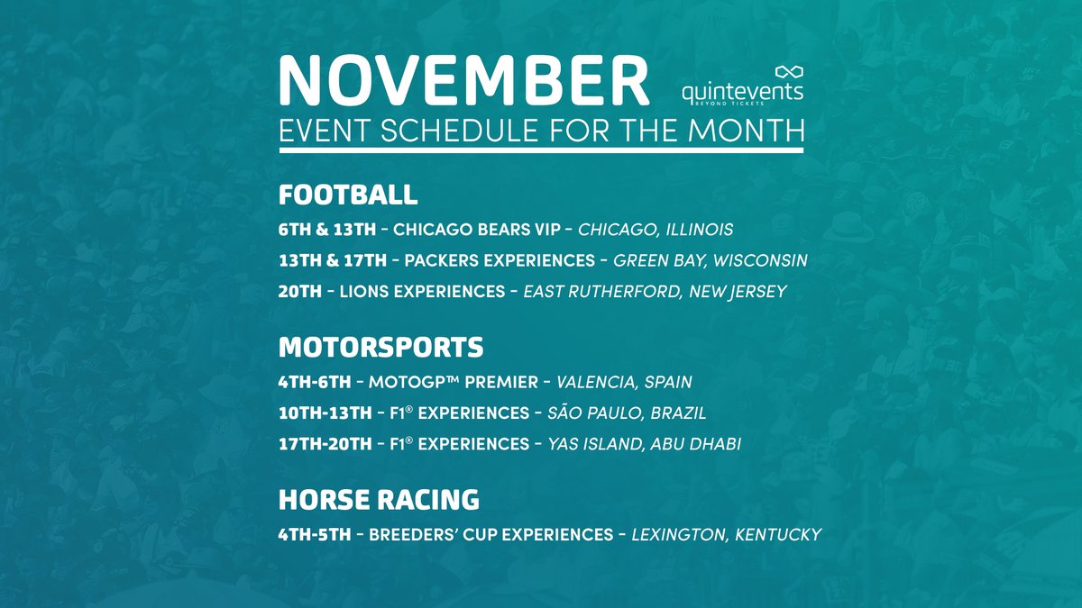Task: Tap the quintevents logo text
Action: click(x=743, y=92)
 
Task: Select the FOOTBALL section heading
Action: click(x=348, y=195)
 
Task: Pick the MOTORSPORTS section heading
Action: click(x=381, y=347)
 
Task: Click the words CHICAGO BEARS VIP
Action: click(x=478, y=230)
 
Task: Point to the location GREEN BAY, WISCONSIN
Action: click(x=710, y=260)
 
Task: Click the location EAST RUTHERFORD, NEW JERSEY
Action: click(x=656, y=291)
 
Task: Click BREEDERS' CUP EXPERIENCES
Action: click(x=491, y=534)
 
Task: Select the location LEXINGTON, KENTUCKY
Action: click(x=726, y=534)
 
